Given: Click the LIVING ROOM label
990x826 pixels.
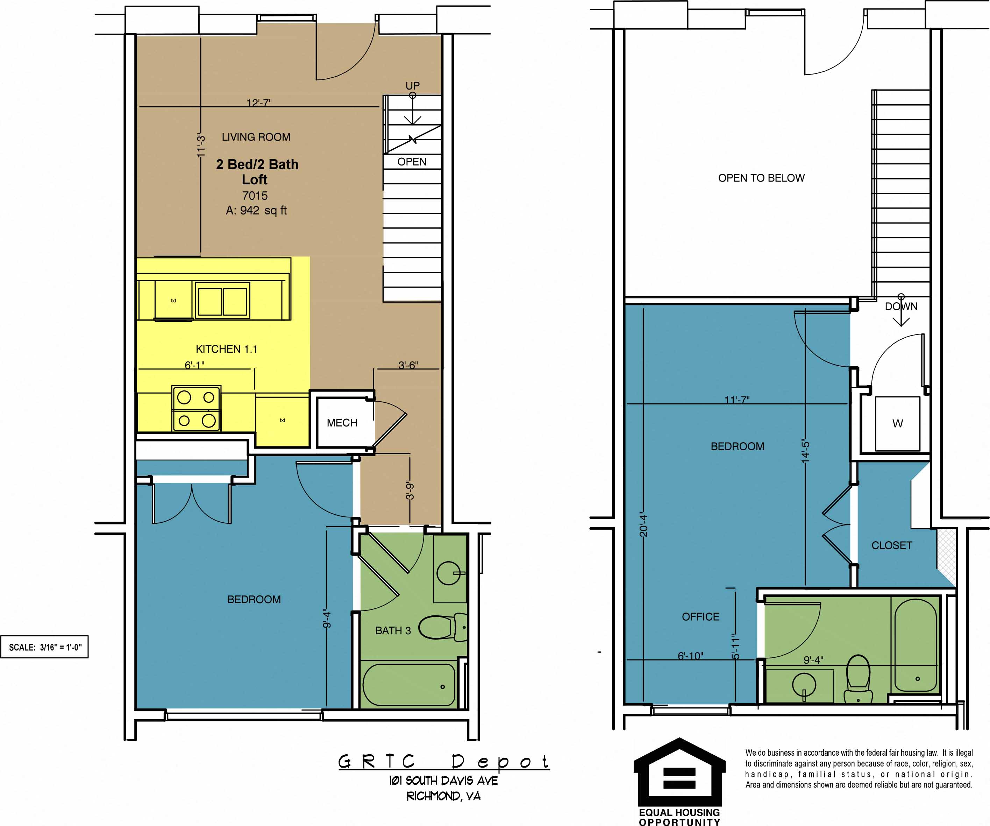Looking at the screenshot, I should (256, 137).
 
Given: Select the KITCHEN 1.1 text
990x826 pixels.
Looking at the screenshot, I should (226, 349).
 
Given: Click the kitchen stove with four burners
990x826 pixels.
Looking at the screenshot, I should (197, 409).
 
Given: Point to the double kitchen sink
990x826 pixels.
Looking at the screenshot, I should (222, 301).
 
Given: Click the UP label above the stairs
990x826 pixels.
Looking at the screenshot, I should (413, 86).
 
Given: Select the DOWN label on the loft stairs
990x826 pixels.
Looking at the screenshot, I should (901, 306).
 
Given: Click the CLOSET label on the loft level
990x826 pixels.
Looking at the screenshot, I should (891, 545).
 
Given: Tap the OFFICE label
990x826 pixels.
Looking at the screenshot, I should (700, 616).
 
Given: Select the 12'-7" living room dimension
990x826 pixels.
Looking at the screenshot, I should (259, 103).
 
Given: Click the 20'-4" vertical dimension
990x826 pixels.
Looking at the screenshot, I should (643, 524).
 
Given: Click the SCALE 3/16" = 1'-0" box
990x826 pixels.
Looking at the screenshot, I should (45, 647).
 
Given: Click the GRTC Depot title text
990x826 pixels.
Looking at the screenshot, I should (443, 761).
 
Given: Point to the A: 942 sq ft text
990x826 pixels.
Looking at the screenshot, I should (256, 210).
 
